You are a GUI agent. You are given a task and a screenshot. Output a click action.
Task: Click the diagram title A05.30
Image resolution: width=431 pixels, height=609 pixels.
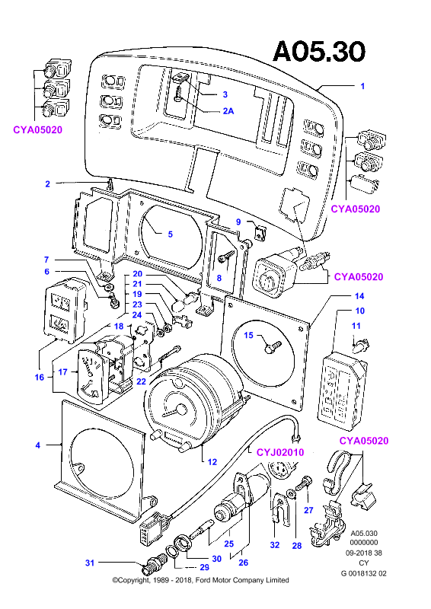tap(319, 51)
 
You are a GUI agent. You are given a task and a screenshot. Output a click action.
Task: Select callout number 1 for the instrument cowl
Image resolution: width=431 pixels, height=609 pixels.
tap(362, 86)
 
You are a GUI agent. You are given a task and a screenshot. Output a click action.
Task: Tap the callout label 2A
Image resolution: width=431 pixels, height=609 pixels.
tap(228, 111)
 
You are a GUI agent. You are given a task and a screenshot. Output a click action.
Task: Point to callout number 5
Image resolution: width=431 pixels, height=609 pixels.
tap(171, 234)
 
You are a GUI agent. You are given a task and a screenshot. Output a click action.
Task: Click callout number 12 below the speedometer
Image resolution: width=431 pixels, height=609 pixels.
tap(212, 462)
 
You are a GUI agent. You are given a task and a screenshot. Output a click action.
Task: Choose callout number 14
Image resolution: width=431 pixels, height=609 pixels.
tap(359, 296)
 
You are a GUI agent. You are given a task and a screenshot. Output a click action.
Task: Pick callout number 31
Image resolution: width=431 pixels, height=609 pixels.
tap(90, 563)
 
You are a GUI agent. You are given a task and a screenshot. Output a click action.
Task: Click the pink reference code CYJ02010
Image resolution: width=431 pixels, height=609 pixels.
tap(280, 452)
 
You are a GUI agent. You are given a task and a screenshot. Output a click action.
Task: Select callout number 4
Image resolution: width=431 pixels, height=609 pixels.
tap(38, 445)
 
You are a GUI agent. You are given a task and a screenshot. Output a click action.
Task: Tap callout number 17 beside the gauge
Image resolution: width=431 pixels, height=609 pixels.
tap(63, 372)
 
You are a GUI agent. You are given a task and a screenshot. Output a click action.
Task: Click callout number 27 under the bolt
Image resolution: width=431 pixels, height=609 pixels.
tap(308, 510)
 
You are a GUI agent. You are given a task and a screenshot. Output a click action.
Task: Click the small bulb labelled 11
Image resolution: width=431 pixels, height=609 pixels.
tap(362, 344)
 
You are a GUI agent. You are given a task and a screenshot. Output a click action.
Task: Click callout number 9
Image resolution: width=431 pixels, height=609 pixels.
tap(238, 222)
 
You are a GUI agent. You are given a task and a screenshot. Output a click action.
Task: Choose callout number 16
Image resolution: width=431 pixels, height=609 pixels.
tap(40, 377)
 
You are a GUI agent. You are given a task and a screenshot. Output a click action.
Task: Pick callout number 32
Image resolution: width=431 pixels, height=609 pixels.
tap(275, 545)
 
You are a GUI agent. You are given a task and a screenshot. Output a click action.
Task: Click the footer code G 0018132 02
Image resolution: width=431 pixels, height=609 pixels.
tap(364, 573)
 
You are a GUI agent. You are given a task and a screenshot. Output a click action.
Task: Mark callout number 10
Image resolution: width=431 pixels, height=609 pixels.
tap(360, 311)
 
